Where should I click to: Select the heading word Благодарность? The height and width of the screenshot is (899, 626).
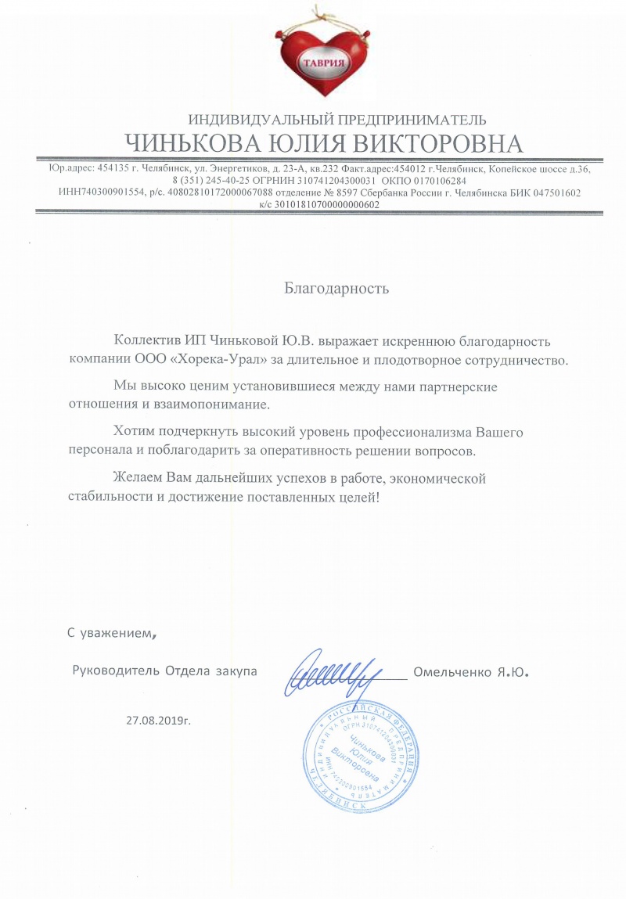tap(336, 288)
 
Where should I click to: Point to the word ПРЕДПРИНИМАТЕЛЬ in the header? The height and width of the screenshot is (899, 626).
tap(410, 120)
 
